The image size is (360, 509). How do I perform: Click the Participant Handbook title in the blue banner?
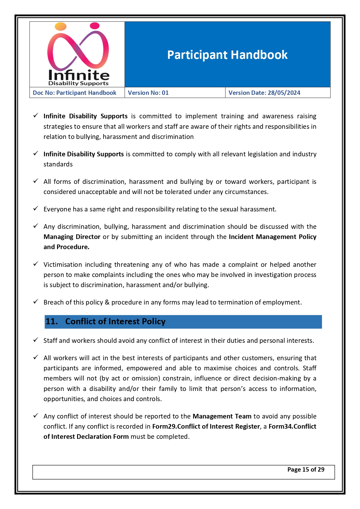(x=227, y=55)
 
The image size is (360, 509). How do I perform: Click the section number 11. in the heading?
(x=52, y=321)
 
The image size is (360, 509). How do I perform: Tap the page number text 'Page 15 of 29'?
(x=306, y=470)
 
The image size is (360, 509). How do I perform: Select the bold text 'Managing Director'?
(x=72, y=237)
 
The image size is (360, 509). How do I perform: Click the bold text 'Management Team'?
(x=222, y=416)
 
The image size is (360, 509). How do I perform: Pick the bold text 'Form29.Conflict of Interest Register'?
(x=206, y=426)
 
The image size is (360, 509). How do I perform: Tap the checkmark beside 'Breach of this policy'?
(x=36, y=302)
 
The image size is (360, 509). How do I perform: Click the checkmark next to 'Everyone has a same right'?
(x=36, y=209)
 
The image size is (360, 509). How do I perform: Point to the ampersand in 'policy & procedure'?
(x=107, y=302)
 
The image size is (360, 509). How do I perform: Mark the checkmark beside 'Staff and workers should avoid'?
(x=36, y=340)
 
